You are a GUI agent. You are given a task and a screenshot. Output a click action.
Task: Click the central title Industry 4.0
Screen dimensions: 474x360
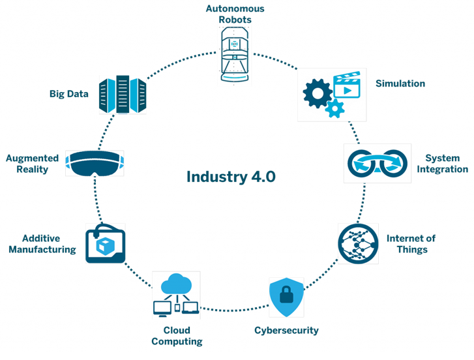tap(231, 177)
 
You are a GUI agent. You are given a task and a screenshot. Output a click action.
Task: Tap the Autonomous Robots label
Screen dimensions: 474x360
tap(235, 14)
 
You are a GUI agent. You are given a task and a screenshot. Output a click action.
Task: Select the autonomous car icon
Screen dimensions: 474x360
tap(235, 54)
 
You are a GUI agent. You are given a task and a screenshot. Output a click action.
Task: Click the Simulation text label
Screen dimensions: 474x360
tap(400, 83)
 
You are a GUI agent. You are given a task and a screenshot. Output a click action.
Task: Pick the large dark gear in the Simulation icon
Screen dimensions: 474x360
tap(318, 93)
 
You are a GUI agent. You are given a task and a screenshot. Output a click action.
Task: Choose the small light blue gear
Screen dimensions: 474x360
tap(335, 108)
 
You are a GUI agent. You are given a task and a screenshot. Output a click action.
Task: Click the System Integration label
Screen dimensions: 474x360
tap(443, 164)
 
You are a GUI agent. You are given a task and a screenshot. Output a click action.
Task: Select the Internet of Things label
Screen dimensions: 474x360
tap(411, 244)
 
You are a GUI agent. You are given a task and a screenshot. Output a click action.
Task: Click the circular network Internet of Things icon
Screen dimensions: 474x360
tap(358, 244)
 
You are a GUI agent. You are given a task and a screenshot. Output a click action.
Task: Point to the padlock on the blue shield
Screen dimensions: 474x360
tap(286, 294)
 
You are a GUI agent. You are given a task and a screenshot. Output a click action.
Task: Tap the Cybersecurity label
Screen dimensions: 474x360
tap(286, 331)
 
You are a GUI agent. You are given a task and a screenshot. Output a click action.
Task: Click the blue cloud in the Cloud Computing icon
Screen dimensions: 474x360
tap(177, 284)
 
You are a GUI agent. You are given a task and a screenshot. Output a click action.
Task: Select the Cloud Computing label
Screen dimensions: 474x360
tap(177, 336)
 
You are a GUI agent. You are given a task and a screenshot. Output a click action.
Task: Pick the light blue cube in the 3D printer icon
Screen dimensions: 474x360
tap(105, 246)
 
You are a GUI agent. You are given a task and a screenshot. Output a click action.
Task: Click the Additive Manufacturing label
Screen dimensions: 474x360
tap(42, 244)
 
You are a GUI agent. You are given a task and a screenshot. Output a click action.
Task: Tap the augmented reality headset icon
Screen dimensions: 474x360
tap(95, 163)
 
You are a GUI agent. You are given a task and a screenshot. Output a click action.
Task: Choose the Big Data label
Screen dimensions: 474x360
tap(69, 94)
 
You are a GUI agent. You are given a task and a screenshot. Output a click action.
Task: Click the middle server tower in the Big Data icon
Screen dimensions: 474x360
tap(123, 94)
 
